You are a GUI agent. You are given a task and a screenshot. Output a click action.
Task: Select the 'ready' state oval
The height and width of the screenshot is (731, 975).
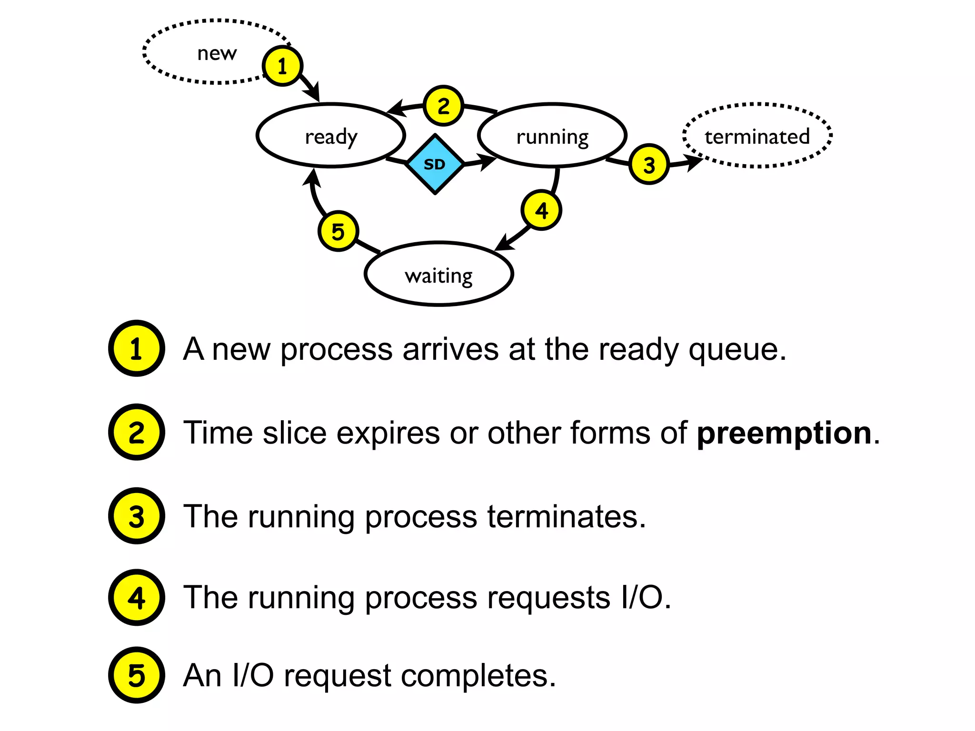(331, 136)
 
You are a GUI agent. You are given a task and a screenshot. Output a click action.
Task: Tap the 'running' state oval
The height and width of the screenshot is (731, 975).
(552, 136)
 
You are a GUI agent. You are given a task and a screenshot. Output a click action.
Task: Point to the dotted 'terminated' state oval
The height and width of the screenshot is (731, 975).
(757, 136)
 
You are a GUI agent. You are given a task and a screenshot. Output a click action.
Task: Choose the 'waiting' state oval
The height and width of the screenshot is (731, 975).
(438, 275)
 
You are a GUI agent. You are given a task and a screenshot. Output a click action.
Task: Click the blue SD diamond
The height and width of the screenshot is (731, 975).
(435, 164)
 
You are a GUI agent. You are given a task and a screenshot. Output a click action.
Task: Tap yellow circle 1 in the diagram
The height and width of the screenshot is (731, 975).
(282, 66)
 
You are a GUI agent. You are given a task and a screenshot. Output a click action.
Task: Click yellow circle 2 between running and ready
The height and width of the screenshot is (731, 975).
(443, 106)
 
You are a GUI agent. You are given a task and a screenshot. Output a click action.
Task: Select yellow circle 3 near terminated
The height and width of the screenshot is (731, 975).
(649, 165)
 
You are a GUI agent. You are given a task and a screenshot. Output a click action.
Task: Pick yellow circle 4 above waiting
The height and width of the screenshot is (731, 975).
(541, 210)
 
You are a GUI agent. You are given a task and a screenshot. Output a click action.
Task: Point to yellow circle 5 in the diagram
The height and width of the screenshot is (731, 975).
(338, 231)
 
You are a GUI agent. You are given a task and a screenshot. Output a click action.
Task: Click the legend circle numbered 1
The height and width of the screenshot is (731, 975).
(137, 348)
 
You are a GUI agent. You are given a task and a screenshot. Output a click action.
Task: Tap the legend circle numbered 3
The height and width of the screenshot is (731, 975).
(137, 516)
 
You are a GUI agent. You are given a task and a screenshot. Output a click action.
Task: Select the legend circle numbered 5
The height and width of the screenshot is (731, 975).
(137, 675)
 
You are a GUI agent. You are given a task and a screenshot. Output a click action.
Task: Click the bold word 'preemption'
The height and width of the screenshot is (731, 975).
(784, 433)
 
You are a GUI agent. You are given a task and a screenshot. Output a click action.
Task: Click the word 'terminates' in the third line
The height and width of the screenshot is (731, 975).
(562, 517)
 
